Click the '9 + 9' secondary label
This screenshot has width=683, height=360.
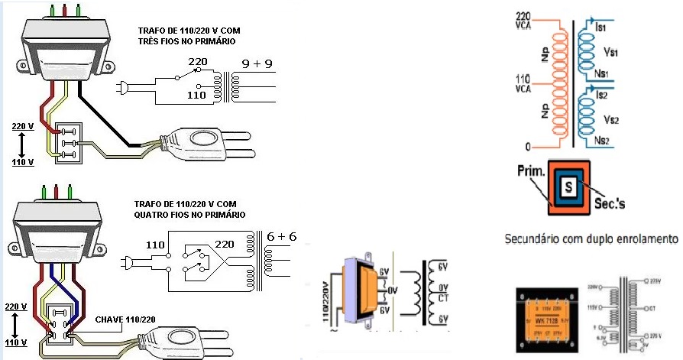pos(257,65)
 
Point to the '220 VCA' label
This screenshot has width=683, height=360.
pos(524,21)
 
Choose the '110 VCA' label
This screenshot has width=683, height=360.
pos(524,83)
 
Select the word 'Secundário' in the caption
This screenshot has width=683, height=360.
pos(535,239)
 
